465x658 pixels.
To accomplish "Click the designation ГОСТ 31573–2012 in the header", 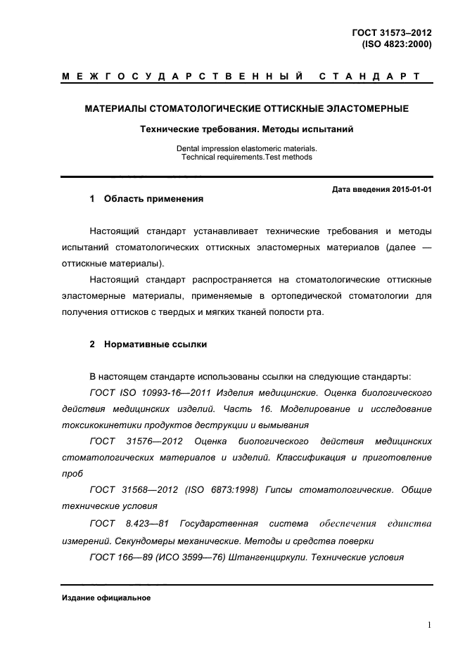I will [x=391, y=32].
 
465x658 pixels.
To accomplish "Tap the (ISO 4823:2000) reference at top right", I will [x=396, y=44].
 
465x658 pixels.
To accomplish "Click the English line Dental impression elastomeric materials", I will [x=246, y=148].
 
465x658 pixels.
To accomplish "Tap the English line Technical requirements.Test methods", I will [x=246, y=157].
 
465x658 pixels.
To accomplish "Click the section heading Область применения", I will [x=153, y=199].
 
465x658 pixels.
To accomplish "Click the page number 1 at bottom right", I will [x=429, y=624].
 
